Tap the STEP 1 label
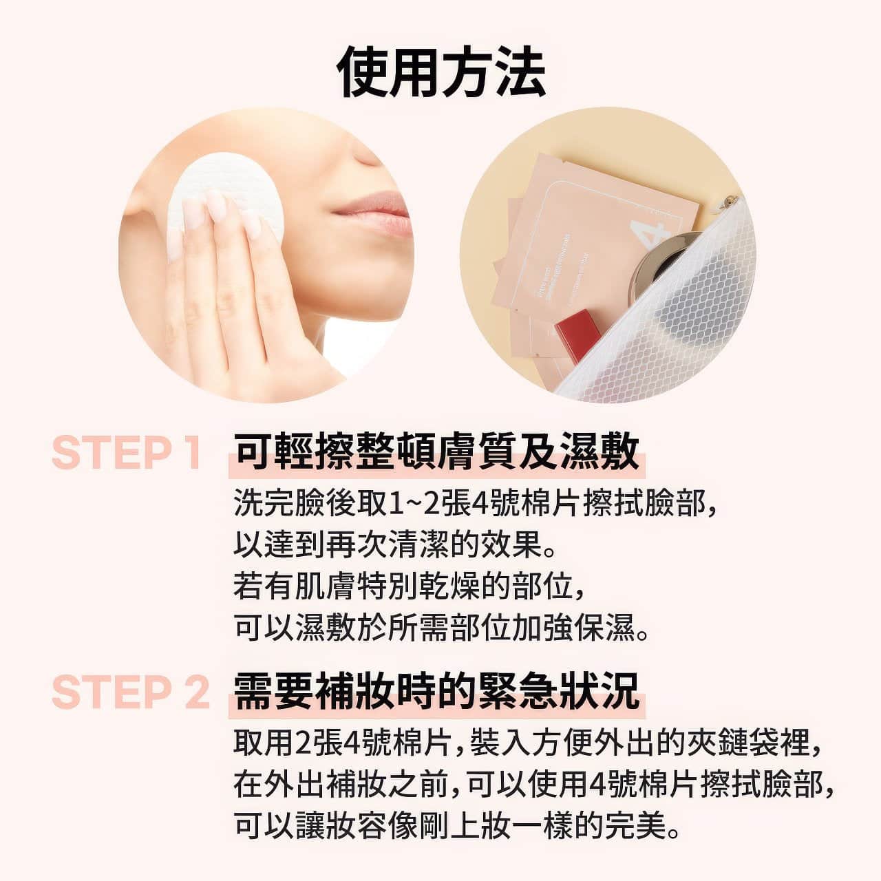[x=127, y=453]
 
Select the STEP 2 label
[x=129, y=692]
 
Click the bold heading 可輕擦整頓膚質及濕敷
[x=436, y=453]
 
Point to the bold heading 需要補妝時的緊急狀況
[x=436, y=692]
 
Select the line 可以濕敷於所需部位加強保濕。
[x=441, y=628]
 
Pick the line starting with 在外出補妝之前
[x=533, y=785]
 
